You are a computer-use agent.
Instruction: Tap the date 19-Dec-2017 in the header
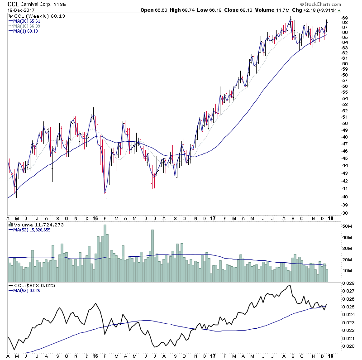click(x=19, y=10)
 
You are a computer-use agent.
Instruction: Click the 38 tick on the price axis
click(x=344, y=213)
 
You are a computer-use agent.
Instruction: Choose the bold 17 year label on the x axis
click(x=213, y=219)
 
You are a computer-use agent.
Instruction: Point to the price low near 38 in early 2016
click(x=107, y=211)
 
